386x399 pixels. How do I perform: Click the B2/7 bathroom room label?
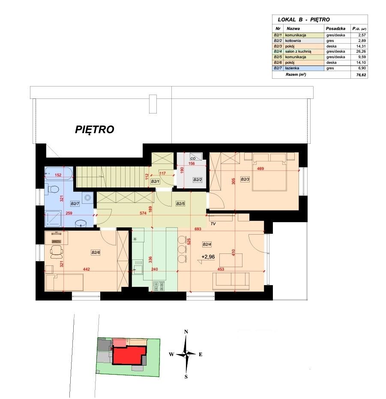[x=75, y=204]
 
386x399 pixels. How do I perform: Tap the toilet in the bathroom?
[x=53, y=189]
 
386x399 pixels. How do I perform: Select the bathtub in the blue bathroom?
[x=59, y=173]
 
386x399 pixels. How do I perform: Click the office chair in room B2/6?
[x=57, y=250]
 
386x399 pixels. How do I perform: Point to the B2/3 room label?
[x=245, y=179]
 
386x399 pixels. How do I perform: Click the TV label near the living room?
[x=213, y=223]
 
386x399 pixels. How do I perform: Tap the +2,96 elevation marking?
[x=208, y=257]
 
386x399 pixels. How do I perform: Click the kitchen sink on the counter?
[x=138, y=267]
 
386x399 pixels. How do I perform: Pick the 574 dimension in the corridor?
[x=143, y=213]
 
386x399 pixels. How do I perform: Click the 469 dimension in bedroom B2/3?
[x=260, y=168]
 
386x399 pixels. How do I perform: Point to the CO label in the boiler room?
[x=193, y=158]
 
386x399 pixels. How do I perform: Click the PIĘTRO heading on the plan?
[x=94, y=129]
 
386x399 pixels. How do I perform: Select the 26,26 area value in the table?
[x=361, y=51]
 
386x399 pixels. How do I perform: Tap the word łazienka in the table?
[x=292, y=68]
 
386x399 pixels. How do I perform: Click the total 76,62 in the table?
[x=361, y=75]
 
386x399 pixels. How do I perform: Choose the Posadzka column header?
[x=335, y=29]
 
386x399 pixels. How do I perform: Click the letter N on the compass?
[x=186, y=331]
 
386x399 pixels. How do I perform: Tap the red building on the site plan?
[x=129, y=355]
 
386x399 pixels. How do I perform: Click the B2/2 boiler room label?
[x=197, y=180]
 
